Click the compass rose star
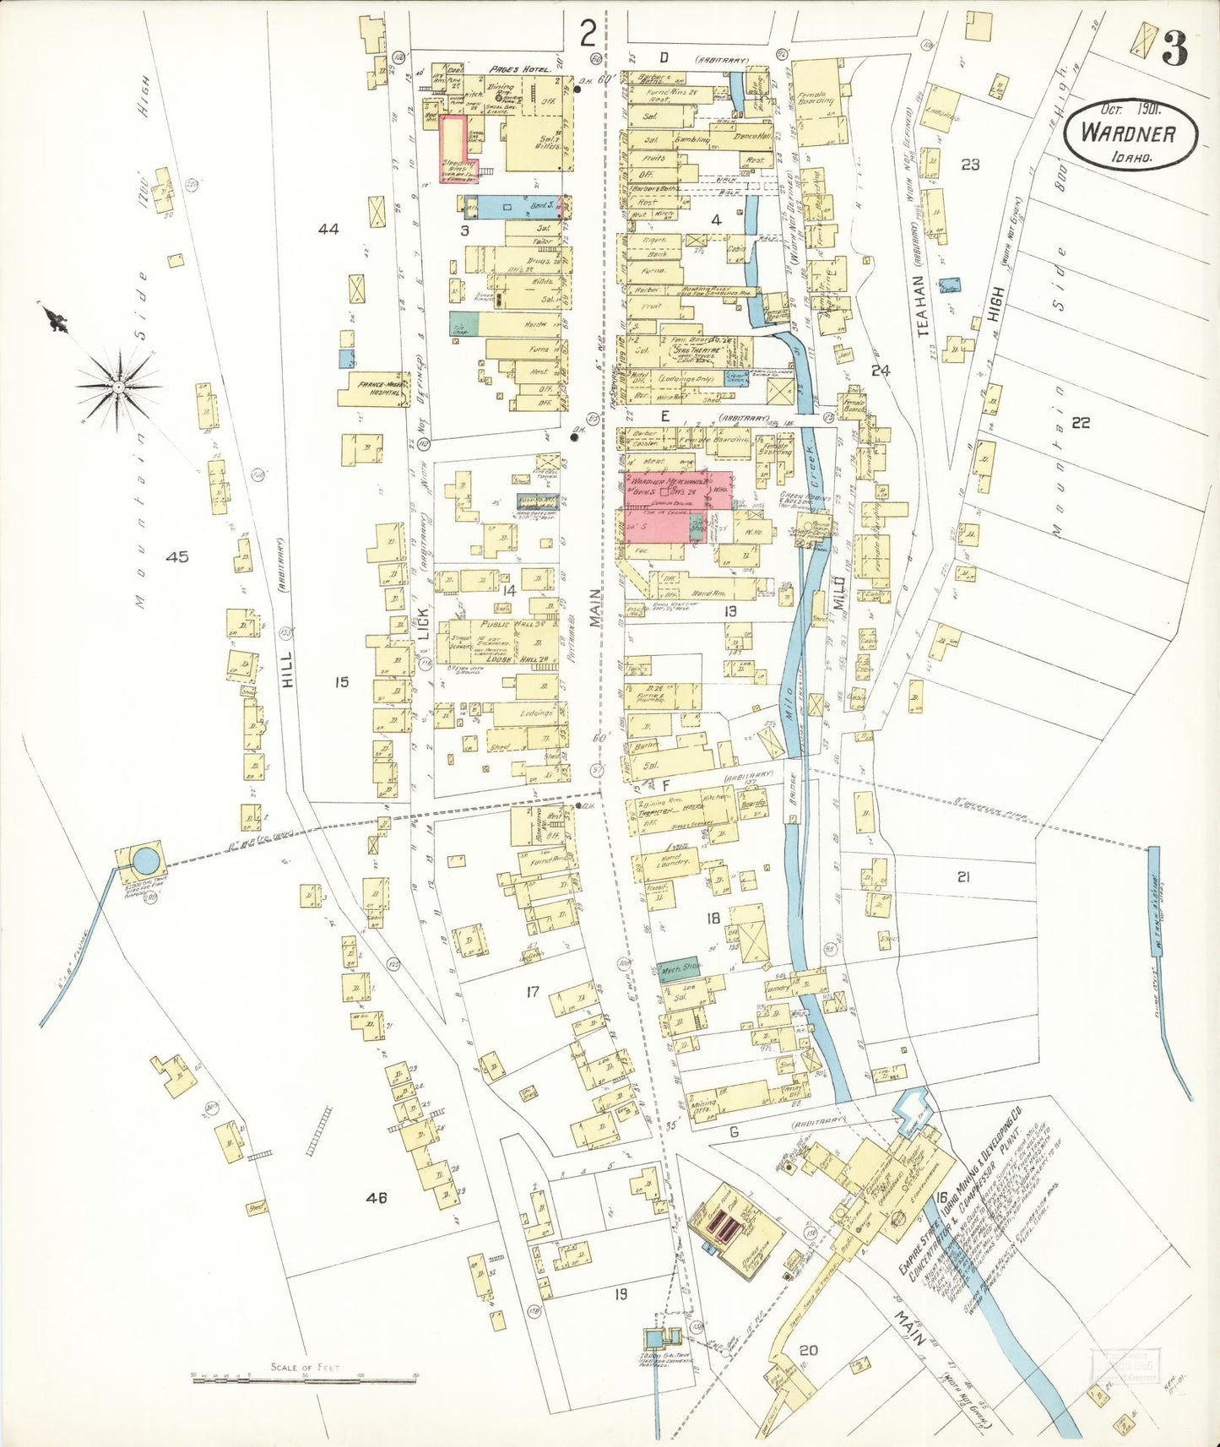point(118,387)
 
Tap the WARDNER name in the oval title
point(1129,133)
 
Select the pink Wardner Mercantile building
point(667,507)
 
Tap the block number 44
point(328,229)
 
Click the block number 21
point(963,877)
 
